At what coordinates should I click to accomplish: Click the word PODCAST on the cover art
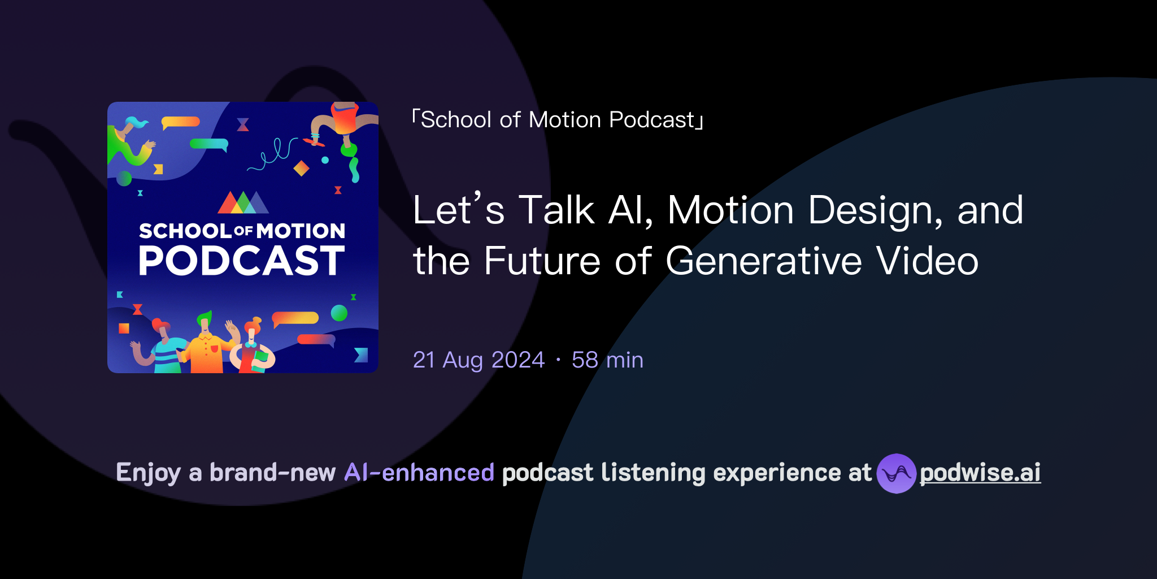pos(242,261)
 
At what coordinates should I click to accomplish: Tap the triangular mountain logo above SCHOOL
pos(243,203)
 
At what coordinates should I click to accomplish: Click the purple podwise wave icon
pos(896,473)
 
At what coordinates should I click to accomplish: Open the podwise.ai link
pos(980,473)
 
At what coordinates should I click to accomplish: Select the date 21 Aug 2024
pos(479,360)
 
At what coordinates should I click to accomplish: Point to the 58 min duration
pos(607,360)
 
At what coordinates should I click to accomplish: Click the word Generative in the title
pos(763,261)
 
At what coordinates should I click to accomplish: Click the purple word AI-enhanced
pos(419,473)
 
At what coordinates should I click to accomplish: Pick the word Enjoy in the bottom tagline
pos(148,473)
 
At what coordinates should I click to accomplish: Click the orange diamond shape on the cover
pos(301,168)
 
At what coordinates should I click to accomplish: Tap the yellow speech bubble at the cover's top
pos(180,122)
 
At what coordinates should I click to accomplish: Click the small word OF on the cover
pos(243,231)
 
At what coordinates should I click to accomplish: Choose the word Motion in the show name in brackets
pos(564,120)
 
